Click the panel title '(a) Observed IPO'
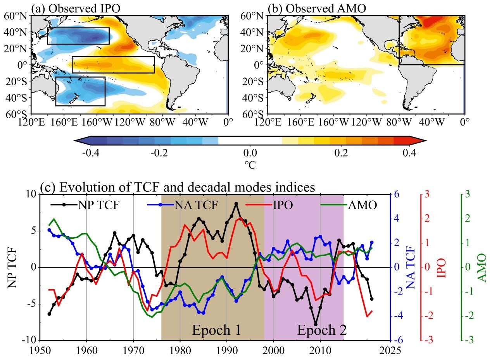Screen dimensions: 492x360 pyautogui.click(x=76, y=9)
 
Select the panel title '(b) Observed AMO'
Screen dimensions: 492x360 pyautogui.click(x=317, y=9)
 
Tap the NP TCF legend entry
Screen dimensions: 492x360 pyautogui.click(x=85, y=205)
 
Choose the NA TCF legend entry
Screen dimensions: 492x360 pyautogui.click(x=182, y=205)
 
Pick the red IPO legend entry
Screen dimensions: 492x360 pyautogui.click(x=269, y=205)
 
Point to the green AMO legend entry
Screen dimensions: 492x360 pyautogui.click(x=349, y=205)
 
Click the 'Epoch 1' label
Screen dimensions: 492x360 pyautogui.click(x=217, y=330)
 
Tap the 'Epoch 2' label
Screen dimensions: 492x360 pyautogui.click(x=322, y=330)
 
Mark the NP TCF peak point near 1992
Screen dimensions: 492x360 pyautogui.click(x=236, y=204)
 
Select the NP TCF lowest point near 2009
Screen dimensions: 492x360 pyautogui.click(x=316, y=324)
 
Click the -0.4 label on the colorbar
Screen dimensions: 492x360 pyautogui.click(x=91, y=152)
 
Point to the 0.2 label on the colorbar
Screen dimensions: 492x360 pyautogui.click(x=341, y=152)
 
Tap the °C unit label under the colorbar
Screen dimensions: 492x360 pyautogui.click(x=250, y=165)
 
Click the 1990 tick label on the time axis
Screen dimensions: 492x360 pyautogui.click(x=227, y=350)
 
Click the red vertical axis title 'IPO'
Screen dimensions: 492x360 pyautogui.click(x=442, y=268)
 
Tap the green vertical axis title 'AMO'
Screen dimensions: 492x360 pyautogui.click(x=482, y=268)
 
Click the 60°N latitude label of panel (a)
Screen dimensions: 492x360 pyautogui.click(x=16, y=16)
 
